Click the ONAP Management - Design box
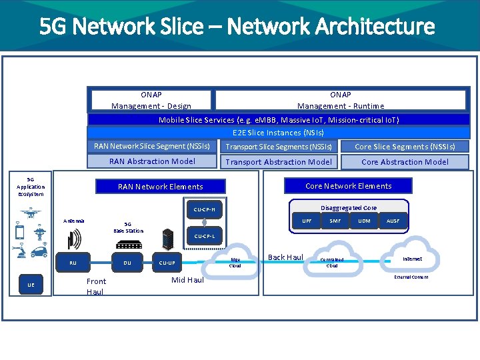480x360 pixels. pos(151,100)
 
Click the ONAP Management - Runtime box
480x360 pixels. pos(340,100)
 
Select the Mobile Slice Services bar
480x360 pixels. pos(279,120)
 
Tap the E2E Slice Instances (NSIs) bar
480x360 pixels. pos(279,133)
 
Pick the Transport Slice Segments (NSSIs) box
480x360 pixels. pos(279,147)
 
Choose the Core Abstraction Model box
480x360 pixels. pos(405,162)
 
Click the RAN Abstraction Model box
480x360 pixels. pos(152,161)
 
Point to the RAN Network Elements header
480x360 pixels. pos(160,187)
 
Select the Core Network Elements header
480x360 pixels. pos(348,186)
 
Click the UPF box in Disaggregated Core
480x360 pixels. pos(307,221)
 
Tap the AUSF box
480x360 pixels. pos(393,221)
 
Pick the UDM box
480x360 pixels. pos(364,221)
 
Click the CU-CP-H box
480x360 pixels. pos(204,210)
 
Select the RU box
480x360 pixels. pos(73,263)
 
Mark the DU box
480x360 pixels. pos(127,263)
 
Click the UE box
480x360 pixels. pos(31,285)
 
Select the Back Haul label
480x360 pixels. pos(285,257)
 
